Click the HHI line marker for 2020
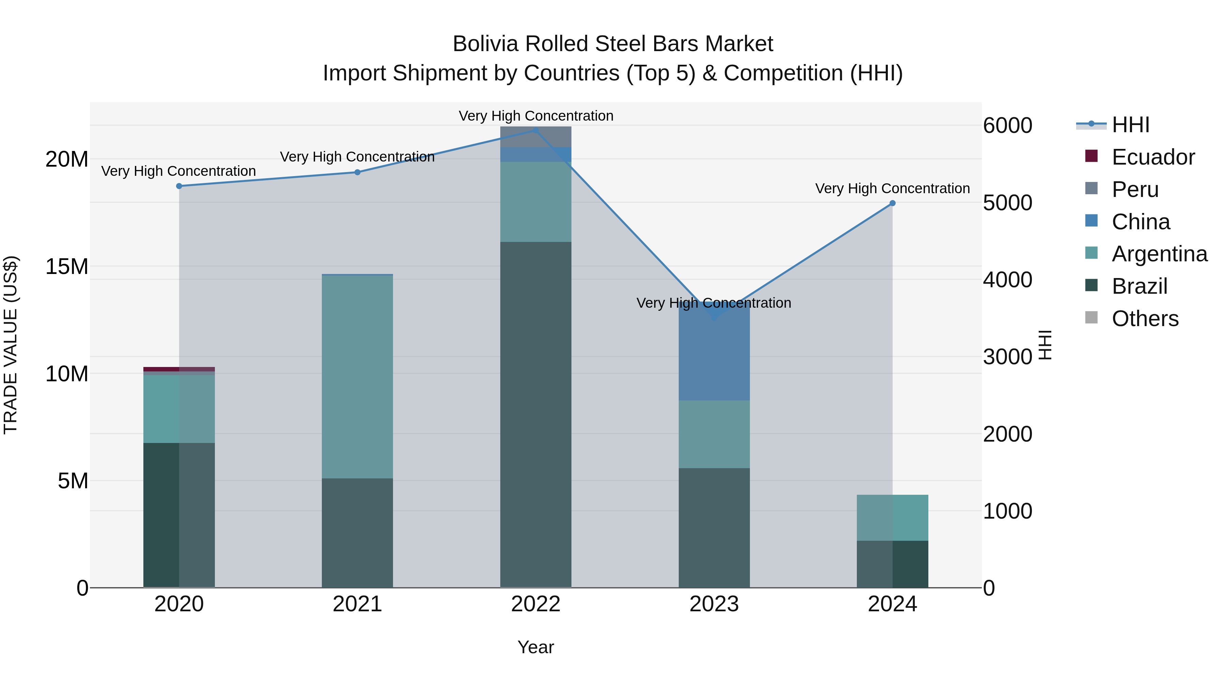(179, 186)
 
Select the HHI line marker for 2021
(358, 172)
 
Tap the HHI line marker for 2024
(892, 203)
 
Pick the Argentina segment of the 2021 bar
(358, 376)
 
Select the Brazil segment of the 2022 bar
(535, 414)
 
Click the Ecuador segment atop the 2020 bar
(179, 369)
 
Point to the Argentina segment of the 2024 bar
(892, 518)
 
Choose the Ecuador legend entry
(1153, 157)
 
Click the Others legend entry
(1145, 319)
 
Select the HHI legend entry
(1130, 125)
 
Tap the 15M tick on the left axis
(67, 267)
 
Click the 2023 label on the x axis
(714, 604)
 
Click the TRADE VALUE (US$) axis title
(11, 345)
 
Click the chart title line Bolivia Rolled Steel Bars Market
(613, 44)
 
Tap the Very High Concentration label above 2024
(892, 188)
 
